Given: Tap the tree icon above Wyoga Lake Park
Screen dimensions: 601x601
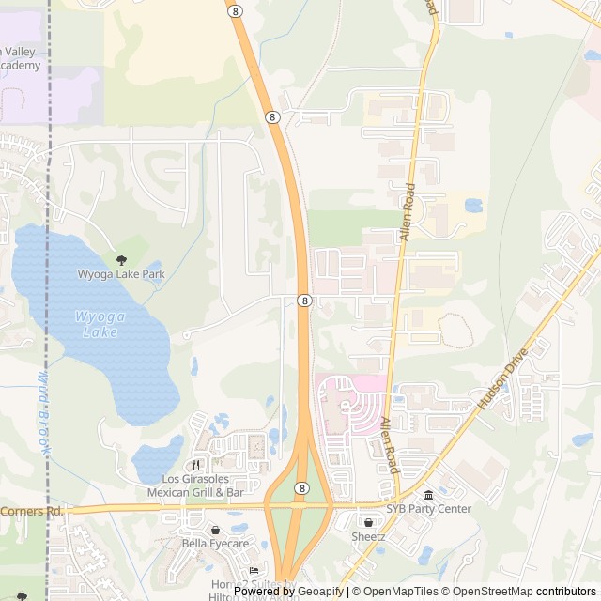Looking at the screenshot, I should click(120, 260).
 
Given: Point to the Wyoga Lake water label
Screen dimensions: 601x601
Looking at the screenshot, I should click(99, 324).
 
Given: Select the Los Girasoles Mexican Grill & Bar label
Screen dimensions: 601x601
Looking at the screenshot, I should click(196, 485).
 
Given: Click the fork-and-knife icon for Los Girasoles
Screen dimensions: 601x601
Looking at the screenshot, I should click(196, 465).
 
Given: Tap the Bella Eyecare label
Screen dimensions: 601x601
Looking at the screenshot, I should click(215, 544).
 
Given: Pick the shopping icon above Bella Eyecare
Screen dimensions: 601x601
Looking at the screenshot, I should click(215, 530).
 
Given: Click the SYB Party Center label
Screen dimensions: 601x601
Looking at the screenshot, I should click(428, 509).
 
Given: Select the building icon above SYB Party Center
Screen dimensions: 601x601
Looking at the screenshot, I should click(428, 495).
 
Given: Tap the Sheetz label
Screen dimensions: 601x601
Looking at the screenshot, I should click(368, 536).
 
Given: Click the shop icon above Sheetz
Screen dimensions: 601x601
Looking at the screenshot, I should click(368, 522).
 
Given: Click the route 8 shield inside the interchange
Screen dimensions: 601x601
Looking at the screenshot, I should click(300, 488).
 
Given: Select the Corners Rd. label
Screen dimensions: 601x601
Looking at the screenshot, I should click(32, 511).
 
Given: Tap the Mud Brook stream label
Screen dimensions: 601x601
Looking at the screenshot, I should click(41, 413).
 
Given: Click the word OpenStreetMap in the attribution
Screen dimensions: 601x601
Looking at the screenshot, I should click(493, 592).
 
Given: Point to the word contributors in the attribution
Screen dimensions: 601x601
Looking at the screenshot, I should click(566, 592).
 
